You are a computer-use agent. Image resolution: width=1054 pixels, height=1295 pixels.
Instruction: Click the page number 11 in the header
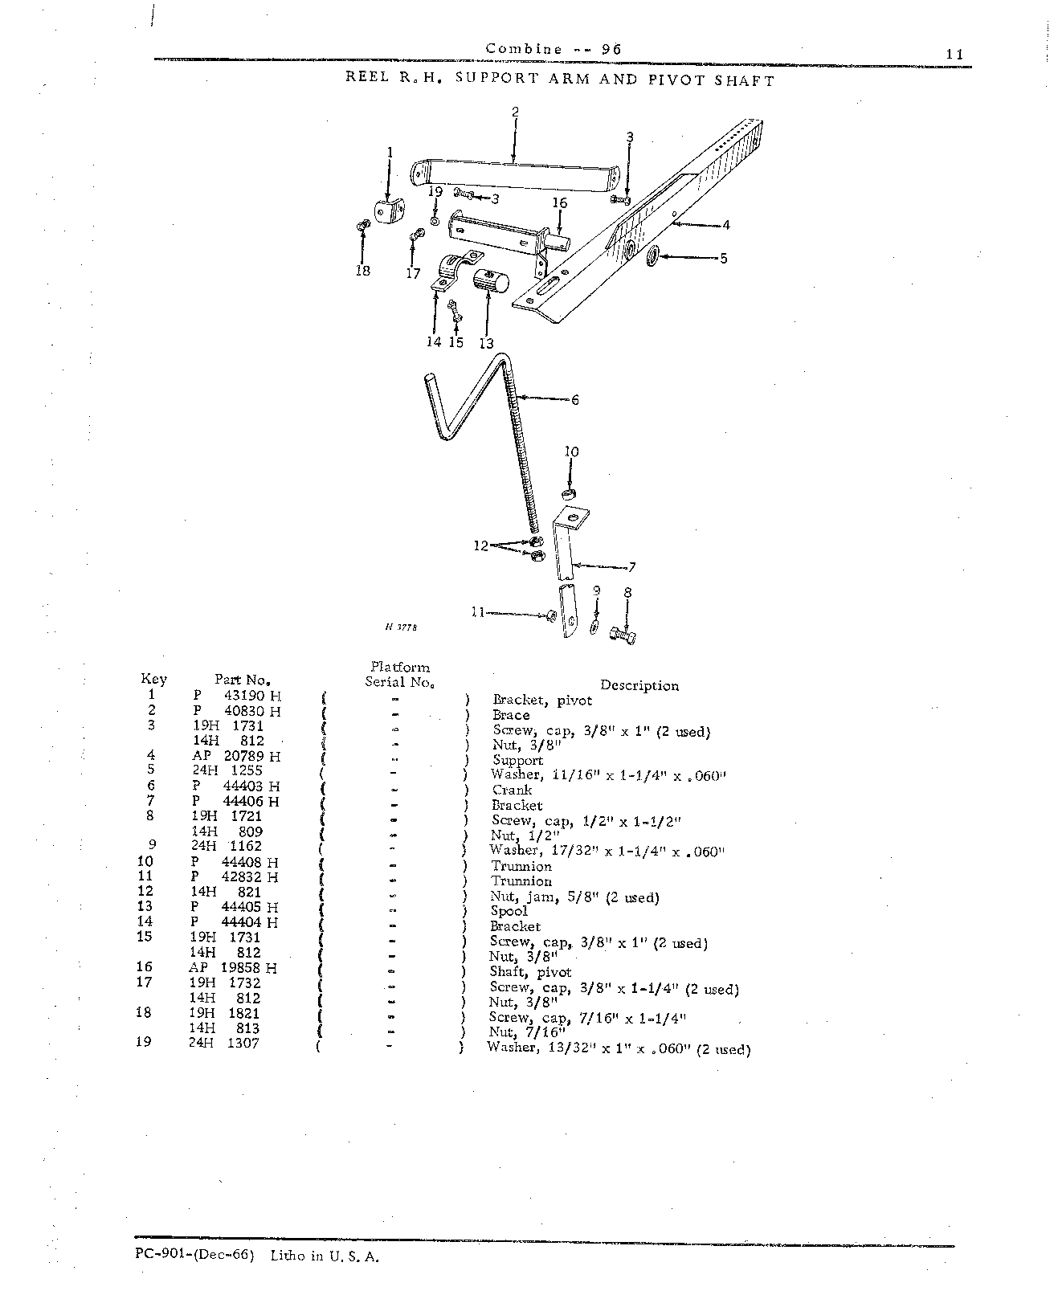955,54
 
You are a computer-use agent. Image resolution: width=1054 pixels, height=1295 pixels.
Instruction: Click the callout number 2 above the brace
516,112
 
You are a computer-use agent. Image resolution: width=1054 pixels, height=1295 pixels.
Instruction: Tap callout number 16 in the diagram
560,202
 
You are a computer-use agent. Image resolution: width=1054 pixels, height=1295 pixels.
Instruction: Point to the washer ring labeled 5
652,256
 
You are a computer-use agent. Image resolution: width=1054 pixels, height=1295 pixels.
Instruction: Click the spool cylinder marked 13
491,282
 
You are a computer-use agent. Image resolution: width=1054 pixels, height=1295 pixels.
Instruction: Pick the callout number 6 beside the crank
575,400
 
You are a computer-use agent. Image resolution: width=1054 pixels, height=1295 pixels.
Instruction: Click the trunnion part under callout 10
569,493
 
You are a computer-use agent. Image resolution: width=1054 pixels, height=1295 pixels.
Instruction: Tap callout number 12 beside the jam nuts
480,546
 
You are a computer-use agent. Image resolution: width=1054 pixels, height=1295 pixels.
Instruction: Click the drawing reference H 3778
401,627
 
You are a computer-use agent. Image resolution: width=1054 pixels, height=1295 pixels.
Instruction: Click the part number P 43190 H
237,696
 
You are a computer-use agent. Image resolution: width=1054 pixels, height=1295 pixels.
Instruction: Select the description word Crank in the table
512,790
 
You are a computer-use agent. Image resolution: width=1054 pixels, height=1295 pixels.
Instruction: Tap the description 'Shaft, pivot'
531,971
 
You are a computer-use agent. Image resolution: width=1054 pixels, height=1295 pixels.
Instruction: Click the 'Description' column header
639,686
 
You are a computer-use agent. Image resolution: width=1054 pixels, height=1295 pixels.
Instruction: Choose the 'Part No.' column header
243,680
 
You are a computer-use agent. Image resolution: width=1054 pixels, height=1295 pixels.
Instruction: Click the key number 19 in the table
144,1041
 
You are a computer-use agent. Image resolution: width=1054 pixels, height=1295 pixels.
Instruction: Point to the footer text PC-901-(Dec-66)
194,1256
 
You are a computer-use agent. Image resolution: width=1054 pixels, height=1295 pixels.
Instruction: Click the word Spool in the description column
509,911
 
